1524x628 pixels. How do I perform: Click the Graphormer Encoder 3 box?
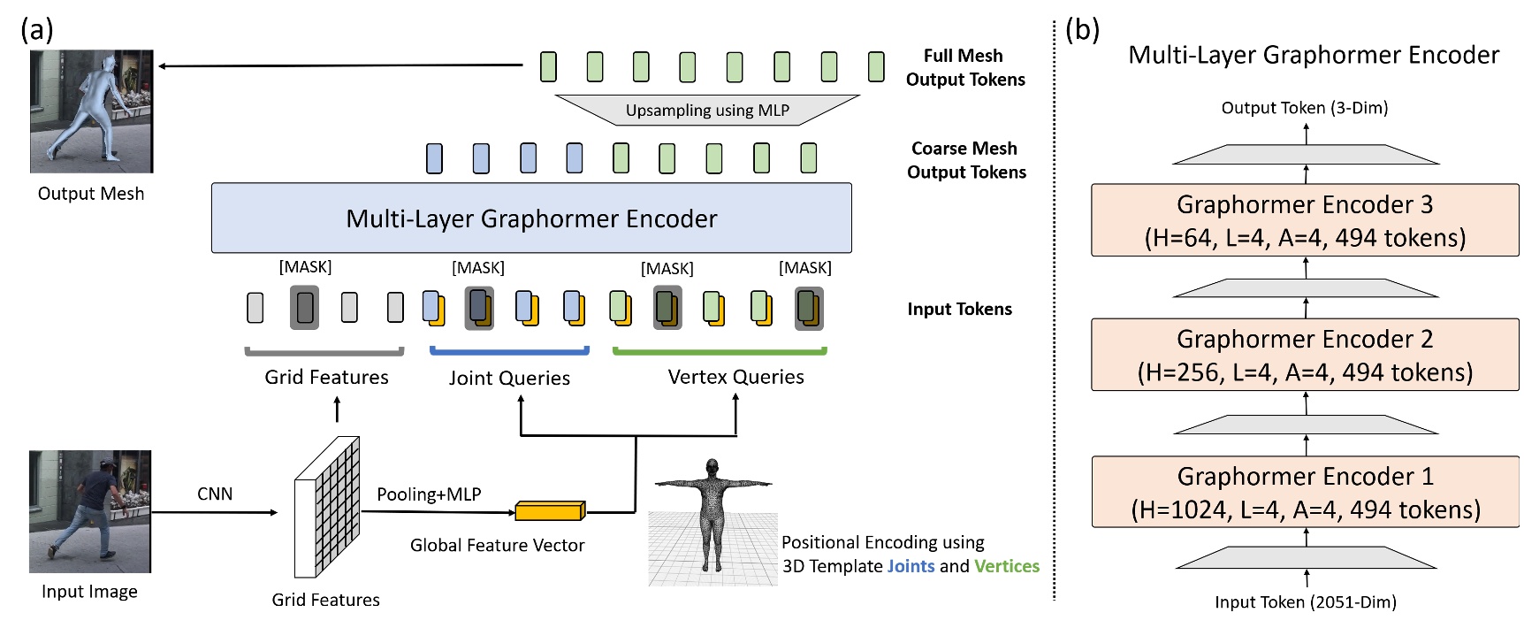coord(1305,220)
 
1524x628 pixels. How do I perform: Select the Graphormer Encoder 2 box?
coord(1305,355)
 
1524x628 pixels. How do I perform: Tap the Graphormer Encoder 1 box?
coord(1305,492)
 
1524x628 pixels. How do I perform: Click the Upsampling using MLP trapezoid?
coord(707,110)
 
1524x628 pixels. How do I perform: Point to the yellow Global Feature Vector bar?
coord(549,510)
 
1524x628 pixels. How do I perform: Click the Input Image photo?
coord(90,511)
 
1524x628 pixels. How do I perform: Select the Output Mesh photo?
coord(92,111)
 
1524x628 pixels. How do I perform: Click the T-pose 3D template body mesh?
coord(712,513)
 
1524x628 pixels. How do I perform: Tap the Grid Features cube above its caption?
coord(327,506)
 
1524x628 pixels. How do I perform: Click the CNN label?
coord(215,494)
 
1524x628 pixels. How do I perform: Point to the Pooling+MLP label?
coord(429,494)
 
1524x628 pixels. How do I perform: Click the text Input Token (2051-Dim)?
coord(1305,602)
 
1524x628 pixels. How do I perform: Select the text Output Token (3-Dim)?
coord(1305,108)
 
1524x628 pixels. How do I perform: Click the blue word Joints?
coord(911,566)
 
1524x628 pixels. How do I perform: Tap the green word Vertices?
coord(1007,566)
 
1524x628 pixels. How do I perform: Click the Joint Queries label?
coord(509,378)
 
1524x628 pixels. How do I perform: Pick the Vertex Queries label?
coord(735,377)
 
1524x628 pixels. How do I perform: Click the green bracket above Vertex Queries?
coord(720,352)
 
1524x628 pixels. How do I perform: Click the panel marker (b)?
coord(1082,30)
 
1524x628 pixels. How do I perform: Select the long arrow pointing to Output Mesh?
coord(340,65)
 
